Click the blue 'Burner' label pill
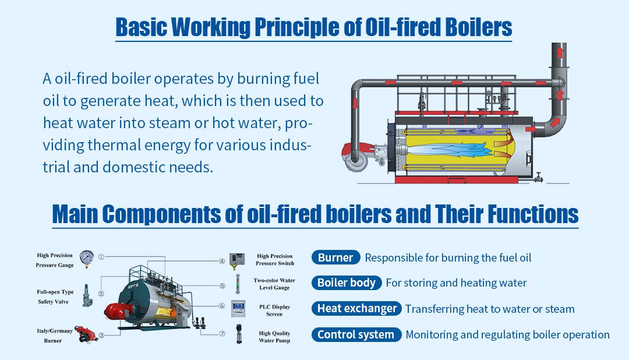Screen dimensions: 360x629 335,257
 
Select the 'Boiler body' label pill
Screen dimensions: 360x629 346,283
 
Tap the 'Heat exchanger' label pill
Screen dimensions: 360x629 356,309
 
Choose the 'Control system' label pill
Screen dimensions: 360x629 356,334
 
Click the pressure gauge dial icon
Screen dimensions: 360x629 86,257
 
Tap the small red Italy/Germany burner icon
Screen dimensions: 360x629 85,334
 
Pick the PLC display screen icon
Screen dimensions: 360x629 238,308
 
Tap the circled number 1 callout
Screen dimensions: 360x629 101,256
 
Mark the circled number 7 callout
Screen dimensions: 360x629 222,334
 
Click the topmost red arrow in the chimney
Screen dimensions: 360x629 560,53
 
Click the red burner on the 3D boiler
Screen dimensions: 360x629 114,310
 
